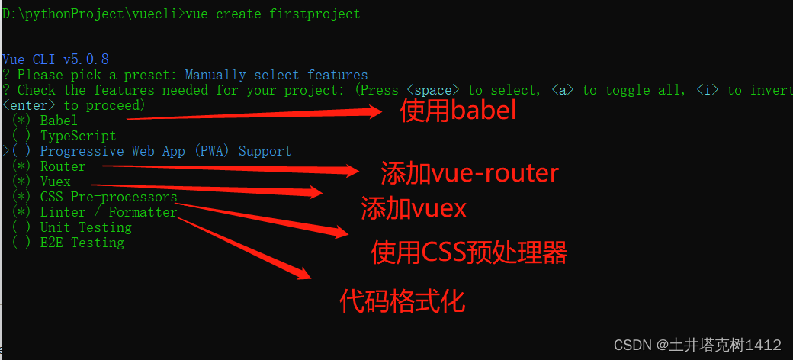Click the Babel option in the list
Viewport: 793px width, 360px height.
pos(59,121)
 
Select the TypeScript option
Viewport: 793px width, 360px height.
pos(78,136)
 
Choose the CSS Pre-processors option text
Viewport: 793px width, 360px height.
pos(108,197)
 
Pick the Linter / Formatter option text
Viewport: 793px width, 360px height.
pos(108,212)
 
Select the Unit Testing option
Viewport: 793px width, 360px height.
pos(85,227)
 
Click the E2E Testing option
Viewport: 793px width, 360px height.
pos(82,243)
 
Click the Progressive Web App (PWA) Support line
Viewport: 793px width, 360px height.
pos(165,151)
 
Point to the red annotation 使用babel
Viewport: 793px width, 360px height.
pos(458,111)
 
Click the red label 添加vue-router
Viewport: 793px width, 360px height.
pos(470,174)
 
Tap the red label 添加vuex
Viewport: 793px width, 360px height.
pos(413,208)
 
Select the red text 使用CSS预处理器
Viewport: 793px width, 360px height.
pos(469,252)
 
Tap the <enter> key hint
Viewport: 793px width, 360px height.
pos(29,105)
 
